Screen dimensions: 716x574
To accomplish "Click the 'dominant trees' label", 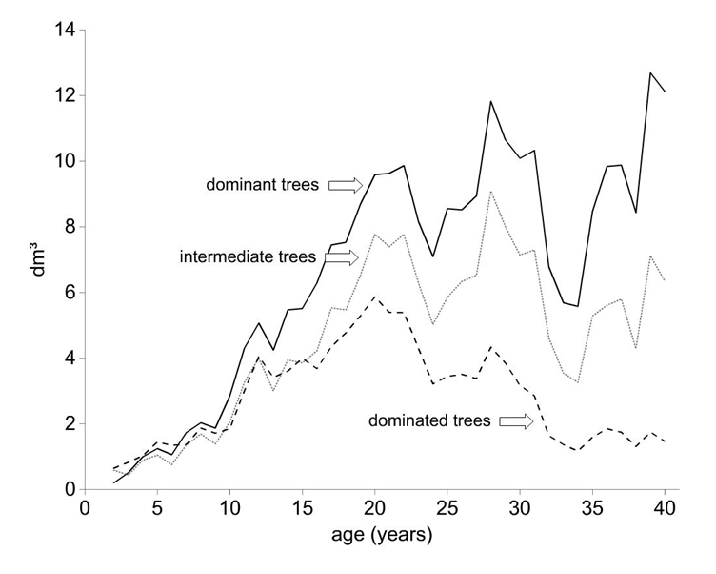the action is point(262,185).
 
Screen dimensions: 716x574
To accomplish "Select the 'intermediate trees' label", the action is point(248,257).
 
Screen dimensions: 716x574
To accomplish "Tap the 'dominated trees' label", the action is point(429,420).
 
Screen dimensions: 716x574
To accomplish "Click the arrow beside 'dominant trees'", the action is point(346,185).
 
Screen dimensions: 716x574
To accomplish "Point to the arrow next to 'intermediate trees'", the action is point(342,258).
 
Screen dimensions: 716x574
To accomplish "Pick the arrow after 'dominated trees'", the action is point(516,421).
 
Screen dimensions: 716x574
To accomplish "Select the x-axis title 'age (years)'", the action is point(382,534).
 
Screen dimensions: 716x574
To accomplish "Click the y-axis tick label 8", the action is point(70,227).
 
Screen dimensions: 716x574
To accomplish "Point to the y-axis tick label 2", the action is point(70,424).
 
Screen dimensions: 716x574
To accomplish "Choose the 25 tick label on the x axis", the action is point(447,508).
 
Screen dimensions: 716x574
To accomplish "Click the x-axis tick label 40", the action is point(665,508).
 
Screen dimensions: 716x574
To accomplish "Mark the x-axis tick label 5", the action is point(157,508).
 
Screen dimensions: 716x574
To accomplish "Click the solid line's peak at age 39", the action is point(650,72).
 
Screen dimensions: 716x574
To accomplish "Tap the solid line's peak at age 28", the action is point(491,101).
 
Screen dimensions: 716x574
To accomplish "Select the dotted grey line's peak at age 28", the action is point(491,192).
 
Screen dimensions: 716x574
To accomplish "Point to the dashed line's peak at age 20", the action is point(375,297).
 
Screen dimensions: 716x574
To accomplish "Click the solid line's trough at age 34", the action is point(578,306).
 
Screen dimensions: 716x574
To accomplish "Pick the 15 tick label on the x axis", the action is point(302,508).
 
